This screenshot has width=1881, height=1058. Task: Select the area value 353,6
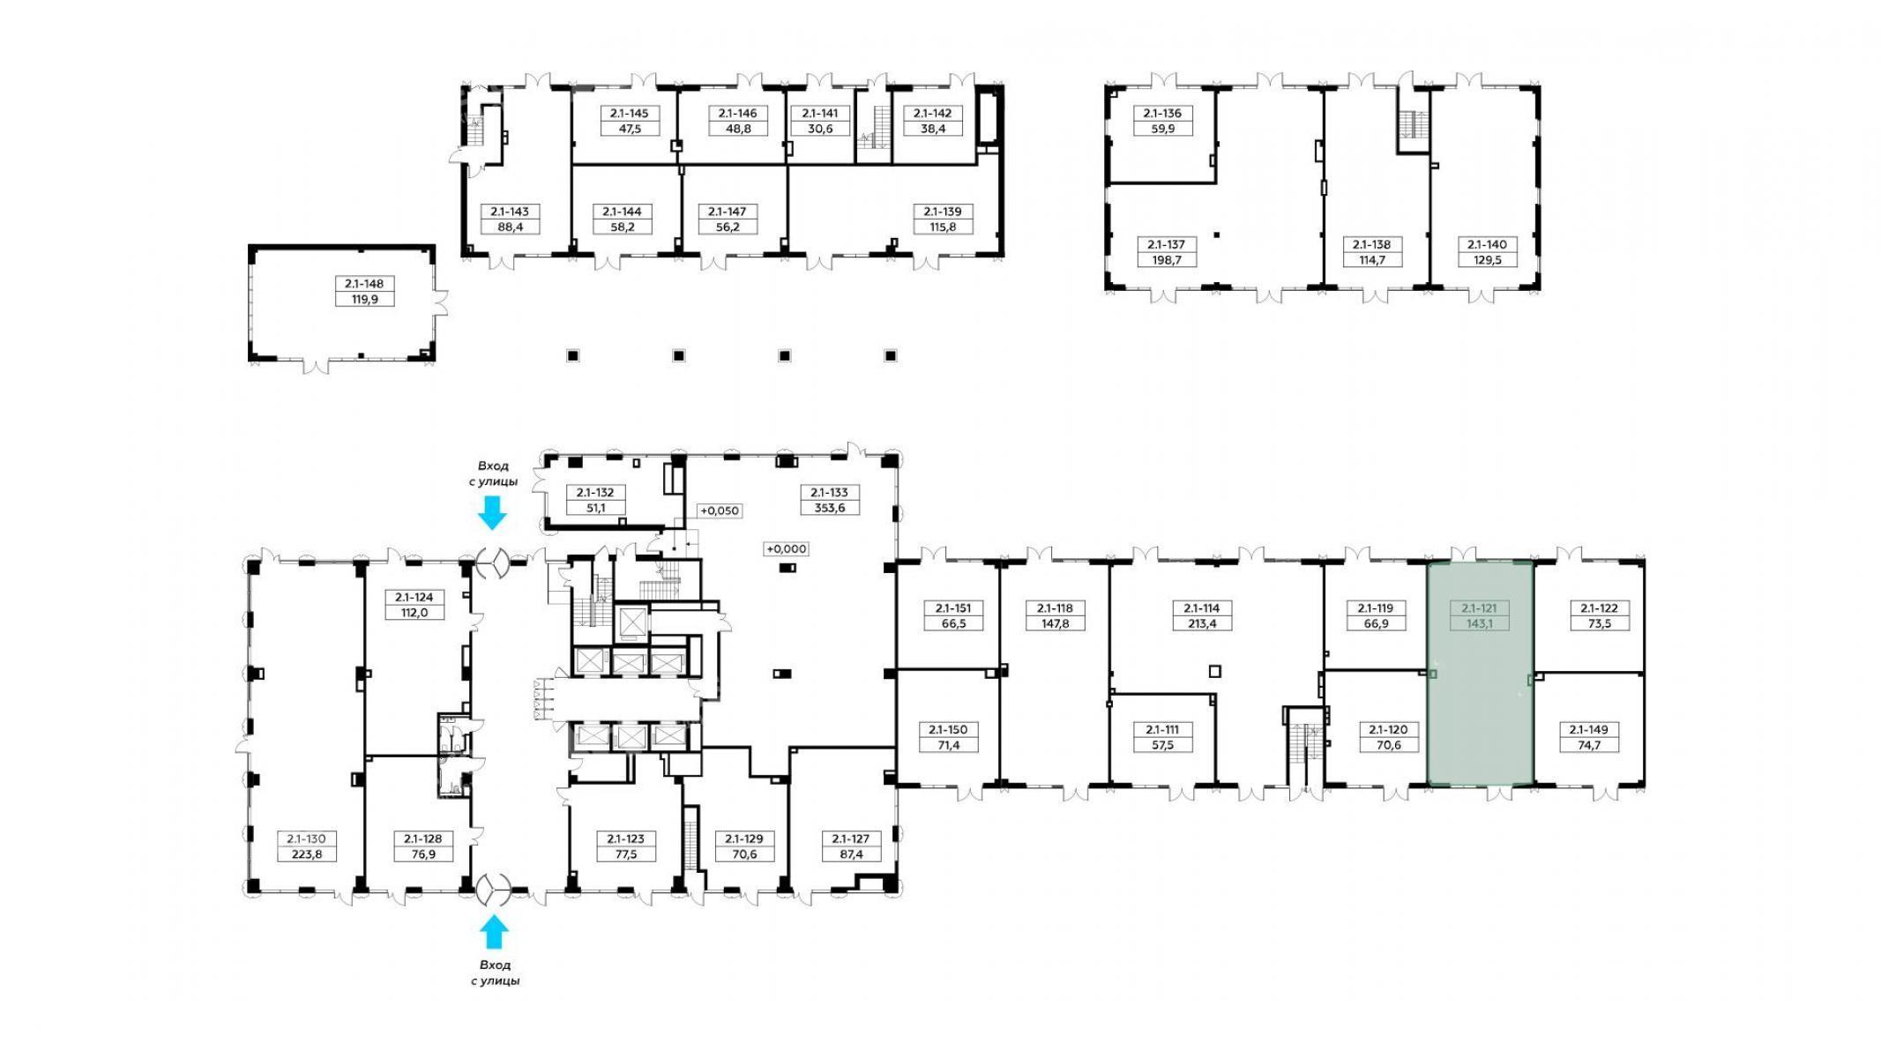click(830, 508)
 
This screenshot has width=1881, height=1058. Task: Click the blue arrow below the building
click(494, 932)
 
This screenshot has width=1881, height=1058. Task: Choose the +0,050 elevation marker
click(720, 510)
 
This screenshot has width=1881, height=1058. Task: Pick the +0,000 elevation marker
click(786, 548)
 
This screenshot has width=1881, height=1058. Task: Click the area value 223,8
click(307, 853)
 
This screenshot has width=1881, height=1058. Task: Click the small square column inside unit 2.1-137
click(1216, 235)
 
